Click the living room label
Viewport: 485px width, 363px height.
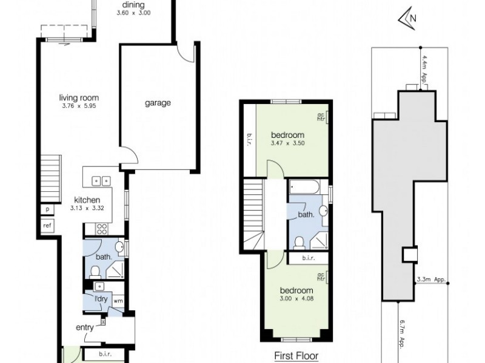(x=79, y=98)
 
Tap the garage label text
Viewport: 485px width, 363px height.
(x=158, y=103)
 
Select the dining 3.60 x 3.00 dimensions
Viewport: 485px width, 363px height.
(x=133, y=13)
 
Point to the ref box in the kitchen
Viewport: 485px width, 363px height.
(x=47, y=226)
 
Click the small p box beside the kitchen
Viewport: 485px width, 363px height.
(x=47, y=209)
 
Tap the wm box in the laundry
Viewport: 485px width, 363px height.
(x=118, y=300)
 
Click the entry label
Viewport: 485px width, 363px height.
(x=84, y=327)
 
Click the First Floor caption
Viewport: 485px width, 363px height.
(x=296, y=356)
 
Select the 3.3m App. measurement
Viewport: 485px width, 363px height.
(x=432, y=280)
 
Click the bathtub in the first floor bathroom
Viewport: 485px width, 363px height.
(x=307, y=188)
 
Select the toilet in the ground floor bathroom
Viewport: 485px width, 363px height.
(x=96, y=271)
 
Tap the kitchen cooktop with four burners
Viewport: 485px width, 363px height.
(x=102, y=229)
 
